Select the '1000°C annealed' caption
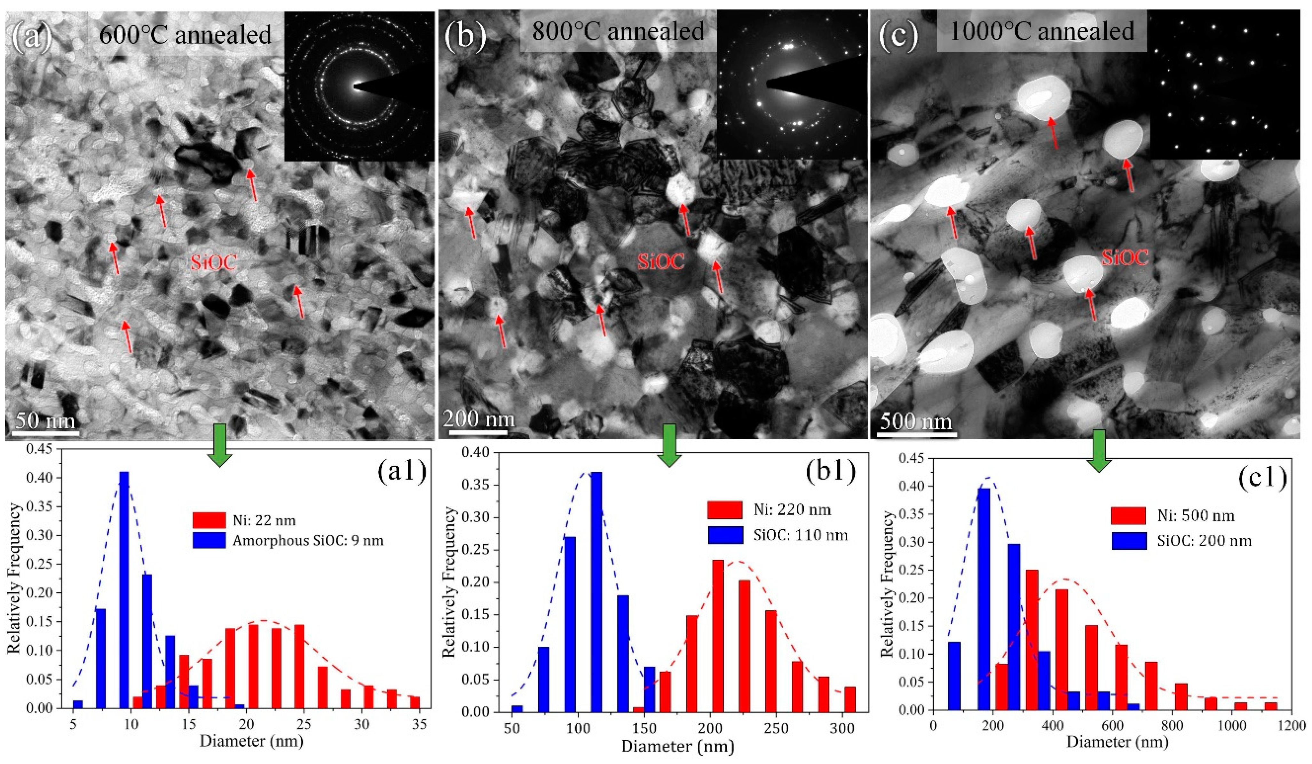pyautogui.click(x=1042, y=31)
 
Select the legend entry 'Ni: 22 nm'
pyautogui.click(x=245, y=520)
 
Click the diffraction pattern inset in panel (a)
pyautogui.click(x=359, y=86)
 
